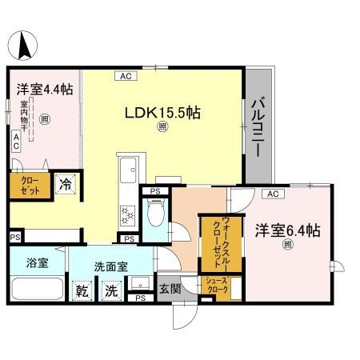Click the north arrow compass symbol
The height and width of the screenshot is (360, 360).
click(25, 43)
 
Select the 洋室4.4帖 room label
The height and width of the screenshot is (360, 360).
click(40, 90)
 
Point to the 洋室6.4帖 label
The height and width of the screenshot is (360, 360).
click(287, 230)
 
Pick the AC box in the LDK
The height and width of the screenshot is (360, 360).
click(126, 77)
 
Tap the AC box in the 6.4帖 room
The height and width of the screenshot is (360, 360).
click(272, 194)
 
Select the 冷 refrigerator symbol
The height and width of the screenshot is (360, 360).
click(68, 184)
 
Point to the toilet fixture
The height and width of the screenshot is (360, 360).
click(156, 214)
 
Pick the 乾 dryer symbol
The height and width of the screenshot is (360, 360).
click(82, 290)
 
